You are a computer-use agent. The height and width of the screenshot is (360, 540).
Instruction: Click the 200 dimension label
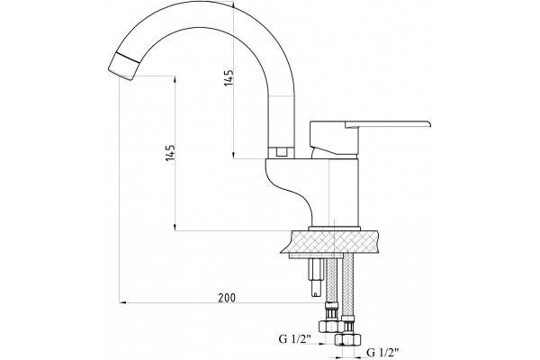click(x=227, y=298)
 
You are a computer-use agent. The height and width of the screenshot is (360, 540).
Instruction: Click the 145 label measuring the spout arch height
click(x=229, y=78)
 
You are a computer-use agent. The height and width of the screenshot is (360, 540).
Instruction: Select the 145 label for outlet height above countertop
click(x=170, y=152)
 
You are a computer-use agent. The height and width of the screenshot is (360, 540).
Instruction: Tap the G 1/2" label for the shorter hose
click(x=295, y=339)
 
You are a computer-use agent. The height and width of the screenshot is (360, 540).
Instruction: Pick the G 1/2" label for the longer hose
click(x=383, y=353)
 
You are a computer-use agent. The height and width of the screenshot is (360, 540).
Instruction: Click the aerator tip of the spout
click(x=123, y=67)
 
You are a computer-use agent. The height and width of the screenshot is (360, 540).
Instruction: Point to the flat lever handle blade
click(x=387, y=124)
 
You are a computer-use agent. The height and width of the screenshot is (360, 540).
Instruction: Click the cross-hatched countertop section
click(x=332, y=242)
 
